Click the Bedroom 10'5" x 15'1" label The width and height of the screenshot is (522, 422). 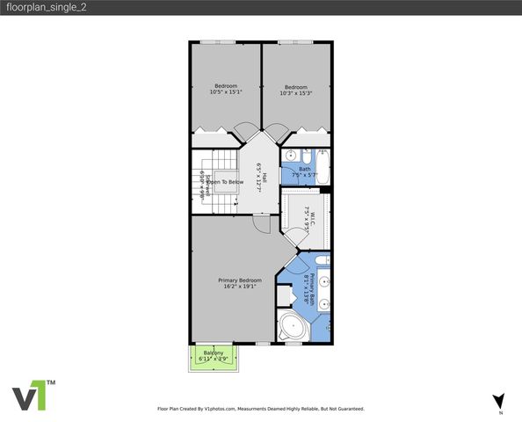point(226,89)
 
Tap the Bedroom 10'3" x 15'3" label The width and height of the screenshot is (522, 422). point(296,90)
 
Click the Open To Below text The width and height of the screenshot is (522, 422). point(225,182)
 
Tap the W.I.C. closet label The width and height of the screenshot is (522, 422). point(307,215)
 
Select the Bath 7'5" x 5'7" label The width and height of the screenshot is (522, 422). point(304,171)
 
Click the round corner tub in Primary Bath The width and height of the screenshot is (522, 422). point(291,328)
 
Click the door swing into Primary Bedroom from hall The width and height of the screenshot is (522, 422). point(261,224)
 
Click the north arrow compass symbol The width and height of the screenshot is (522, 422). point(498,401)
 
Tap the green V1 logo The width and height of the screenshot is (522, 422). point(34,396)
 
